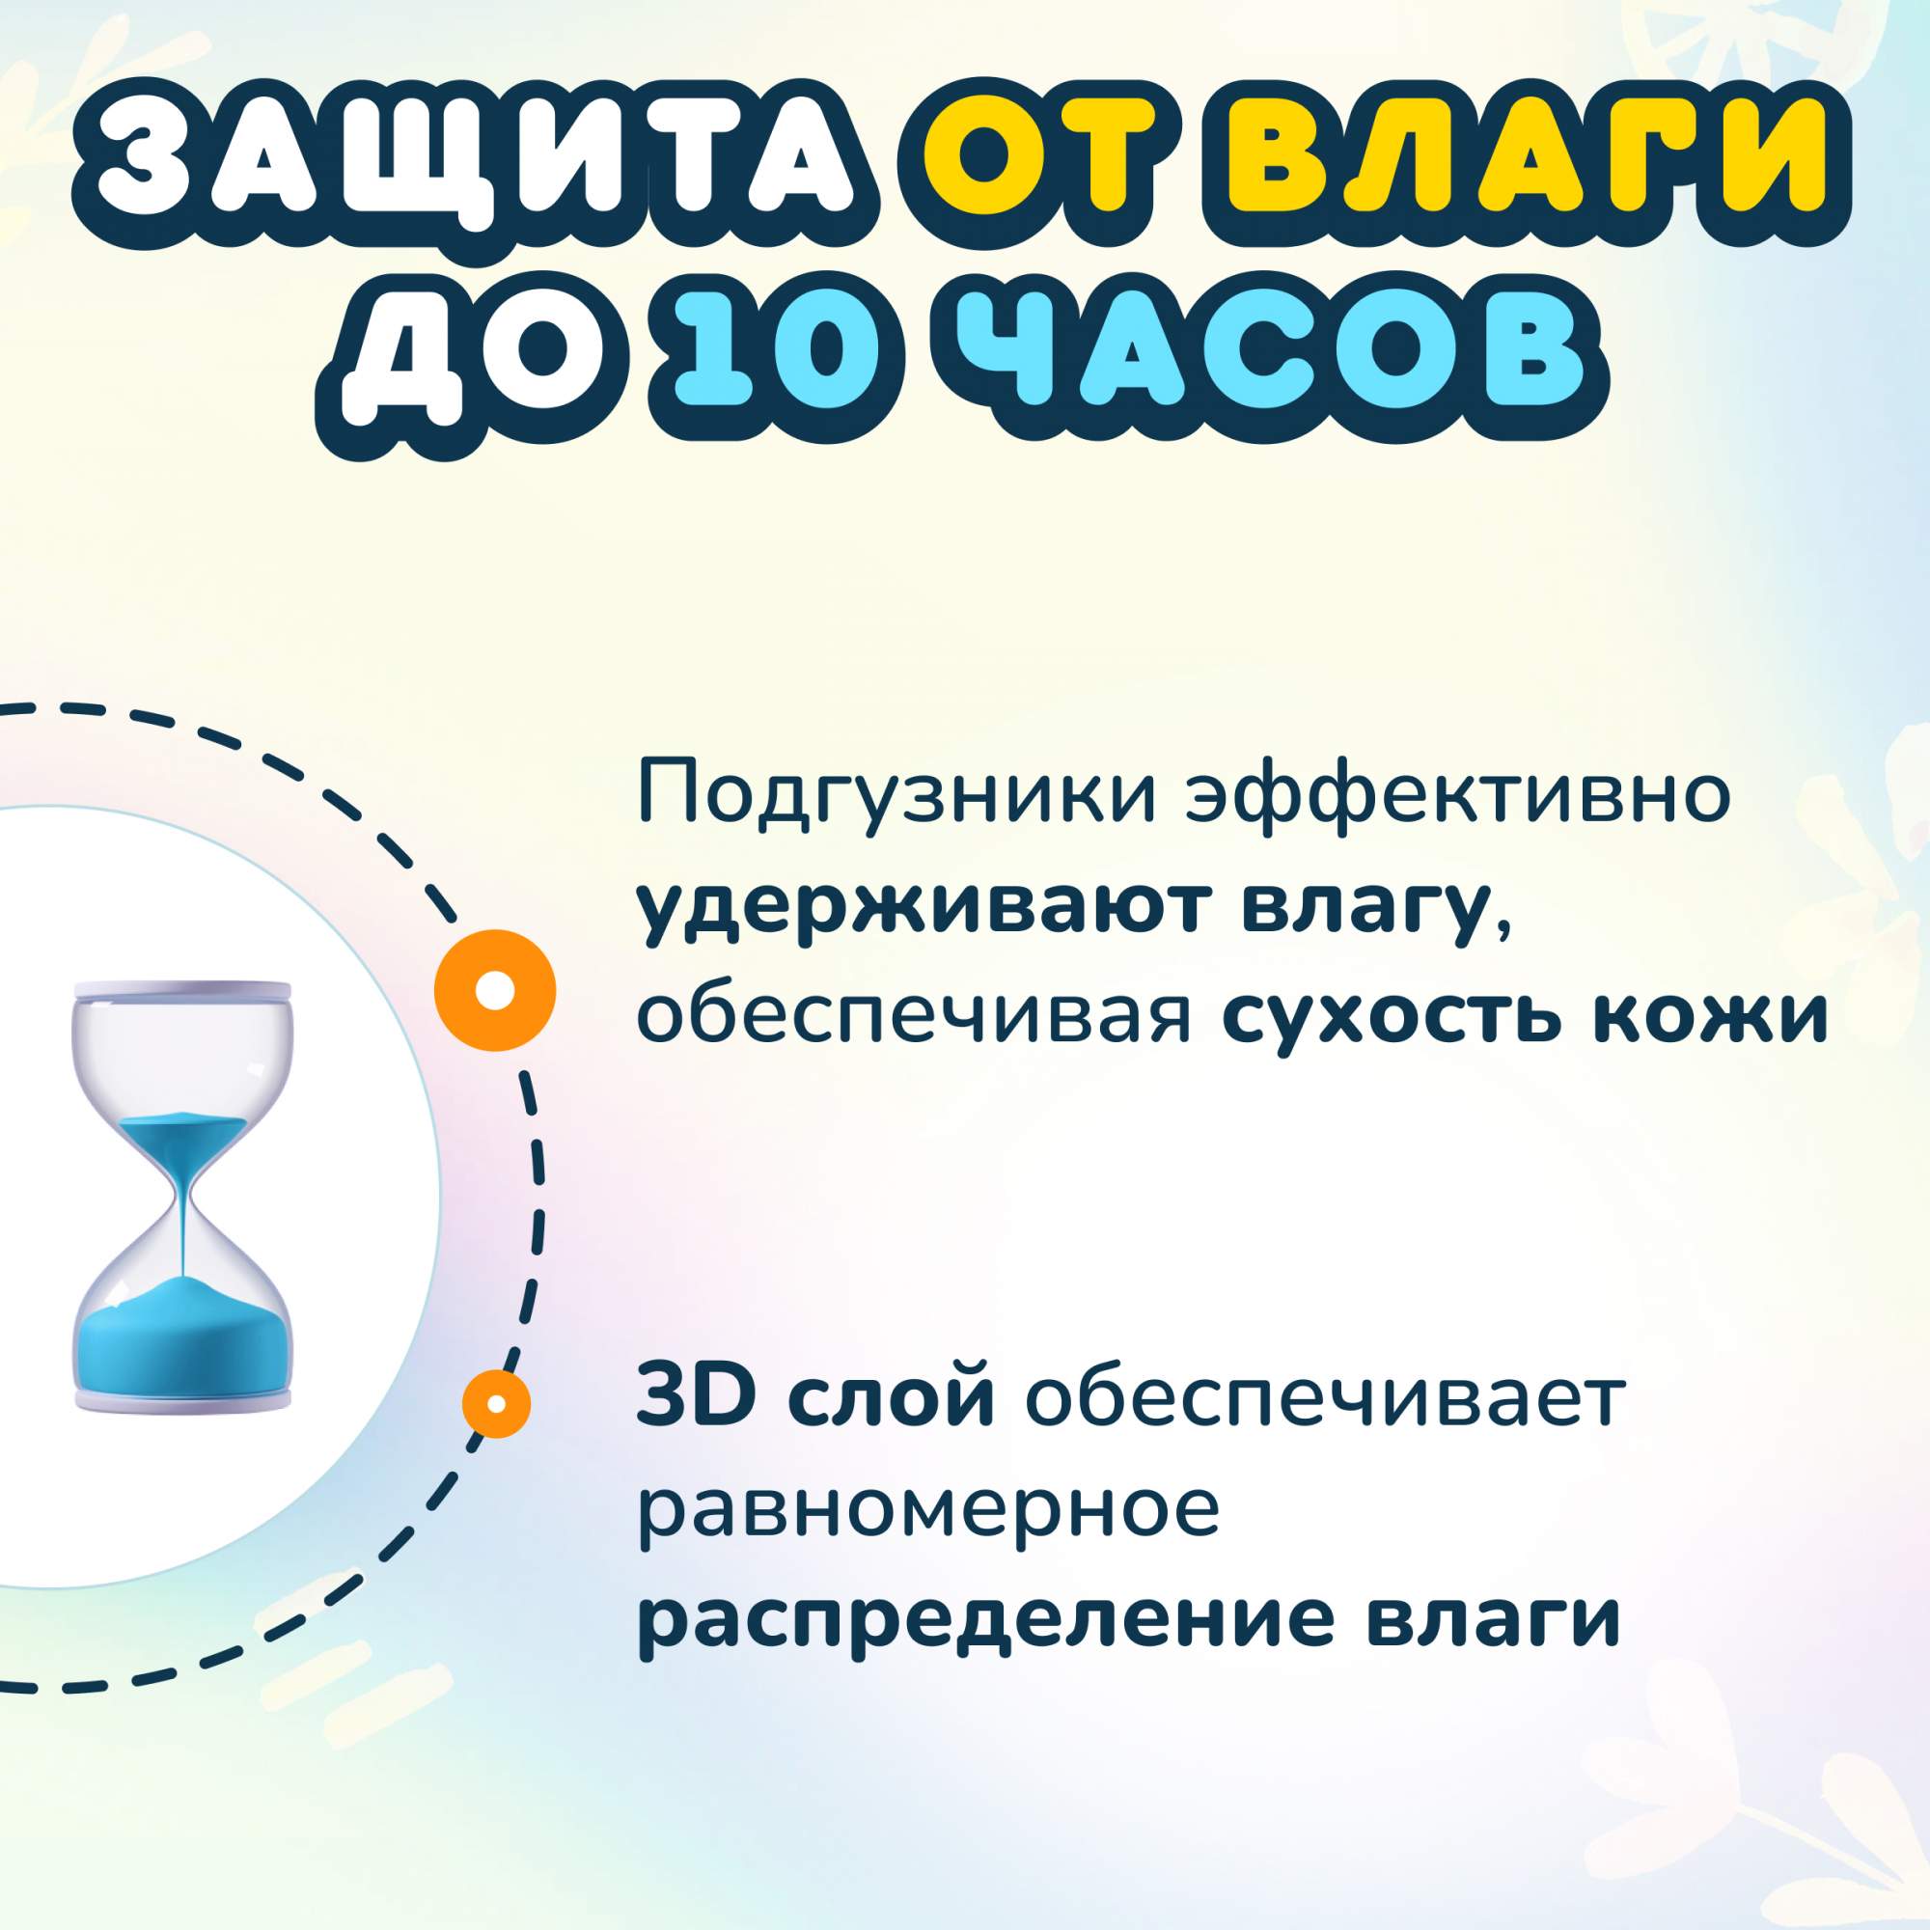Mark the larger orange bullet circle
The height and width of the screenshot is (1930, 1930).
coord(494,990)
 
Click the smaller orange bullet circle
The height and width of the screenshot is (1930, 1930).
coord(496,1402)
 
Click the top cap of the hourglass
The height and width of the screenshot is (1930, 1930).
coord(182,991)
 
